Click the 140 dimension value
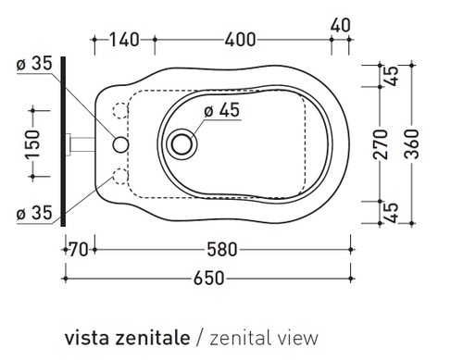(122, 39)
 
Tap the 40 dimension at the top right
(340, 25)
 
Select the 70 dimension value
(78, 249)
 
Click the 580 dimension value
(221, 249)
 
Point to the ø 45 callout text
(222, 110)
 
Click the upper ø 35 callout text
(33, 65)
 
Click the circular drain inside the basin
(182, 143)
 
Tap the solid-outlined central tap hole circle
(119, 144)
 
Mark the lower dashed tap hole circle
(117, 177)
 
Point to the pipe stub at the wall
(80, 144)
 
